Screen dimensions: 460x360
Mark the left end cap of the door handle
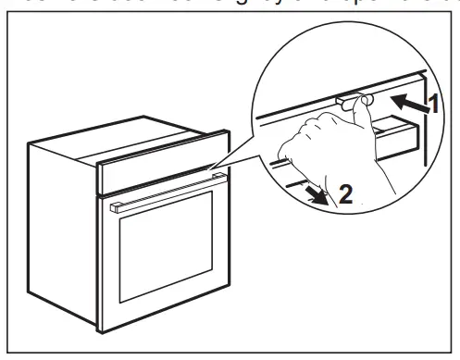click(x=112, y=210)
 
